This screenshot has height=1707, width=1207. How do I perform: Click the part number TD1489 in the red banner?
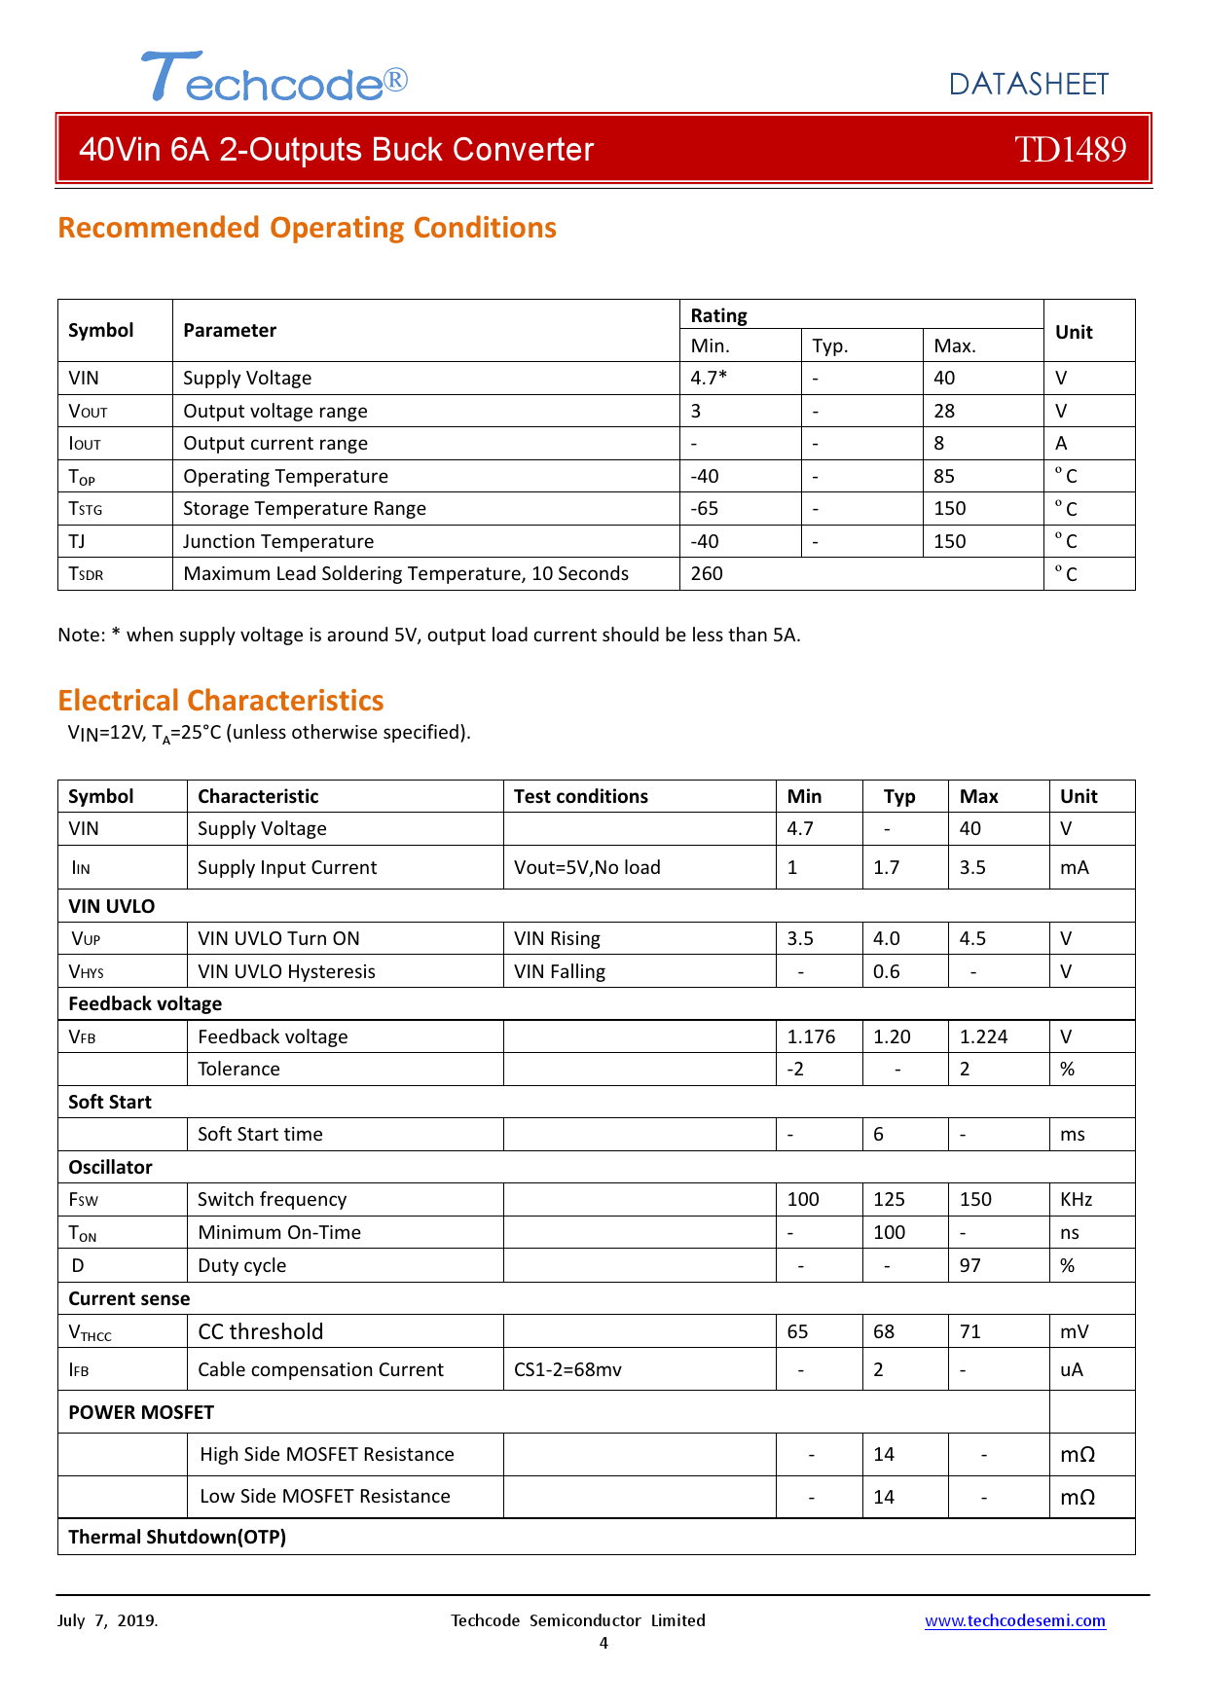coord(1070,149)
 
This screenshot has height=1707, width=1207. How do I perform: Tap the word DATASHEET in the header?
coord(1028,85)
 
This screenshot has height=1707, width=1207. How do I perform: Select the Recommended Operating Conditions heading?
coord(307,228)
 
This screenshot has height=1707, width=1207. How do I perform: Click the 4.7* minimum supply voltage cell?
coord(709,378)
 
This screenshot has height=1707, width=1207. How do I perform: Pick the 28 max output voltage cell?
coord(944,411)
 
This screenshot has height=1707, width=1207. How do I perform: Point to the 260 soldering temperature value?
coord(707,573)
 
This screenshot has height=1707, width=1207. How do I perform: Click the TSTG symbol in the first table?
coord(86,509)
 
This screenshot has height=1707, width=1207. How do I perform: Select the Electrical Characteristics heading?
coord(221,701)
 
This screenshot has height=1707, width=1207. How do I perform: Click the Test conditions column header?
coord(581,796)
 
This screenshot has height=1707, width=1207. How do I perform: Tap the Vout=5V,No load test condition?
coord(587,867)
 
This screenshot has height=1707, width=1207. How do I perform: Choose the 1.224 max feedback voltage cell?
coord(983,1036)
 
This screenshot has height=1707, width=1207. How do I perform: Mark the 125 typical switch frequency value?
coord(889,1199)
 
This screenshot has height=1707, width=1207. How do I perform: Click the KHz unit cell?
coord(1076,1199)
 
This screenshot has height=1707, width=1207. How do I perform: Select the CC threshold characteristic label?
coord(261,1331)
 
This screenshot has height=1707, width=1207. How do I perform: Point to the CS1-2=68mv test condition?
coord(567,1369)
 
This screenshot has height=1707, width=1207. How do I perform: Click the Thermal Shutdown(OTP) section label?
coord(177,1537)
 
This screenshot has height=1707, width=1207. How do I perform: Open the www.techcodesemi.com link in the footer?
coord(1014,1620)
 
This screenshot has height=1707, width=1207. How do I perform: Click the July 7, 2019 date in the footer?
coord(107,1620)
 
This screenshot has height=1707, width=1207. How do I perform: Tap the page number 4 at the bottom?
coord(603,1643)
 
